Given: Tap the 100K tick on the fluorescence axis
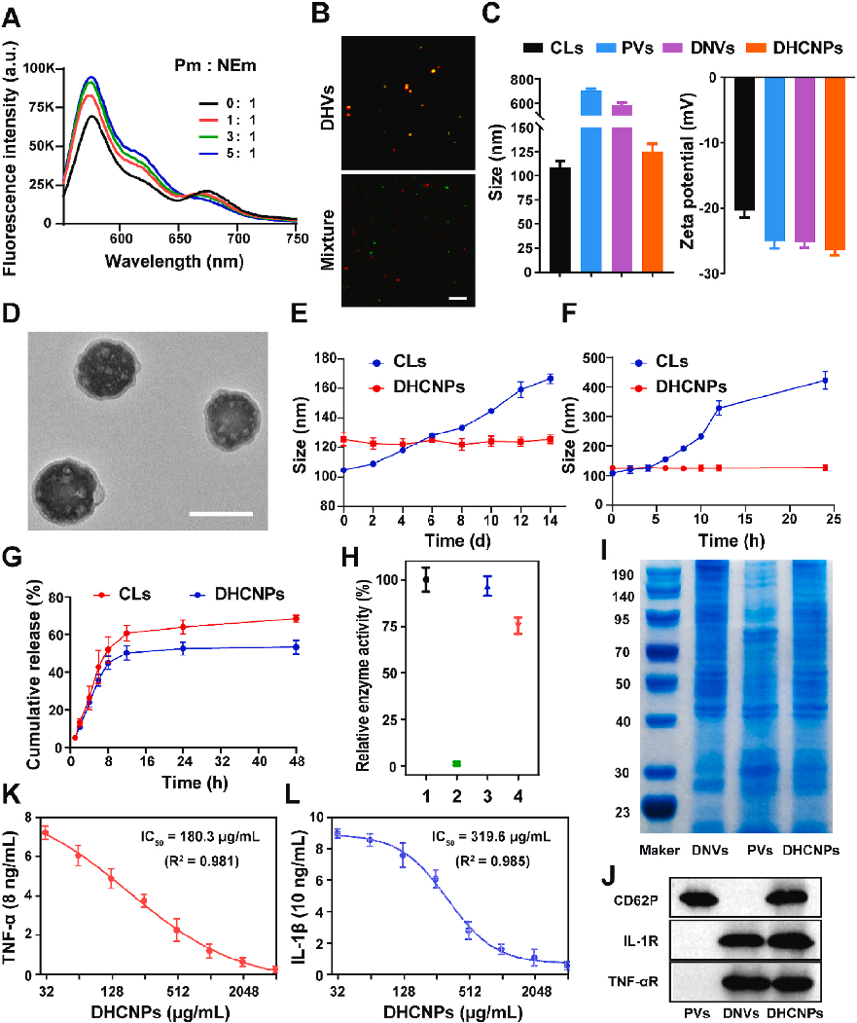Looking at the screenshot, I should [x=41, y=67].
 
